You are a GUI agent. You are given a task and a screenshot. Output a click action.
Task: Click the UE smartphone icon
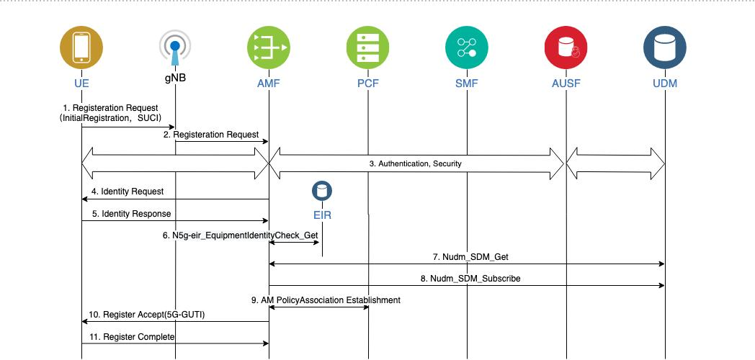(x=81, y=48)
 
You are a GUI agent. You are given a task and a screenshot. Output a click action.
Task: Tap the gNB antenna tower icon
(x=175, y=49)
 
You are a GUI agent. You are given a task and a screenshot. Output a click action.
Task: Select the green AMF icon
(x=268, y=48)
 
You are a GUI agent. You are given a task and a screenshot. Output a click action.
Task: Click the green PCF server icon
(x=367, y=48)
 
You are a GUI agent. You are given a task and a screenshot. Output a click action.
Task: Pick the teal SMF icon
(x=467, y=48)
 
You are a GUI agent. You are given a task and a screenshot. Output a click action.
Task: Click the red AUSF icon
(x=566, y=48)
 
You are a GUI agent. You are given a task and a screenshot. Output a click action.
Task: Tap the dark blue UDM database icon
(x=665, y=48)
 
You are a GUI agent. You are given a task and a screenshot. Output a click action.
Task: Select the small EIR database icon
(x=321, y=192)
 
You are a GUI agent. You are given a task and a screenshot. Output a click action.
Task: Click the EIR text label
(x=321, y=215)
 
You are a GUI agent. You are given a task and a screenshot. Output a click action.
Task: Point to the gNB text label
(x=175, y=77)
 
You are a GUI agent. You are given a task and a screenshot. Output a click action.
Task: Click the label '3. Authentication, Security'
(x=415, y=164)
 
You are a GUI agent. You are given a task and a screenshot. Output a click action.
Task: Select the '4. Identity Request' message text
(x=128, y=192)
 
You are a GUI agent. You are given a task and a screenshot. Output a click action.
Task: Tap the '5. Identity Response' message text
(x=130, y=214)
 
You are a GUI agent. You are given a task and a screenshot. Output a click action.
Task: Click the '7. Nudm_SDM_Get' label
(x=466, y=256)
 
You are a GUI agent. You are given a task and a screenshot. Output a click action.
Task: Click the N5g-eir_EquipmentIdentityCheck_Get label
(x=240, y=235)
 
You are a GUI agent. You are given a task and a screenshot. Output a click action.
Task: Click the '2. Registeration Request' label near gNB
(x=216, y=134)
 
